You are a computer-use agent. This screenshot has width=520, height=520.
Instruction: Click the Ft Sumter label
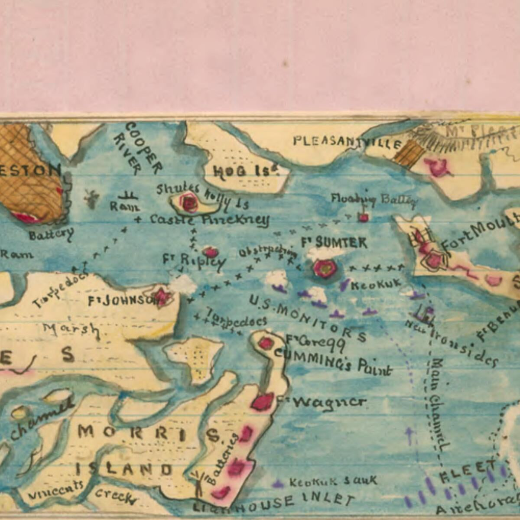[x=334, y=243]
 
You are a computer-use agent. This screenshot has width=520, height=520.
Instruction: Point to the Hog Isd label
[x=245, y=172]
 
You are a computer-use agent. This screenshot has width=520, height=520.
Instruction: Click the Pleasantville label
[x=346, y=142]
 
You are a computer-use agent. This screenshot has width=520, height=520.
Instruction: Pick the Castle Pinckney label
[x=209, y=220]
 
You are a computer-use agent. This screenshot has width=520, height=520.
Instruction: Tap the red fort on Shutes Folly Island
[x=189, y=202]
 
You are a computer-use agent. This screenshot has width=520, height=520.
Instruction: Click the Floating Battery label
[x=374, y=199]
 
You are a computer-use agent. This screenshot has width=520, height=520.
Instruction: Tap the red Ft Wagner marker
[x=263, y=402]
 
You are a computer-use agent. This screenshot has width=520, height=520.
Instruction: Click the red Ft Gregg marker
[x=265, y=344]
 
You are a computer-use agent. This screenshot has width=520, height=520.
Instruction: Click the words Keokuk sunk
[x=333, y=481]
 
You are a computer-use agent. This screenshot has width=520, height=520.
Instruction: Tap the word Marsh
[x=71, y=330]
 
